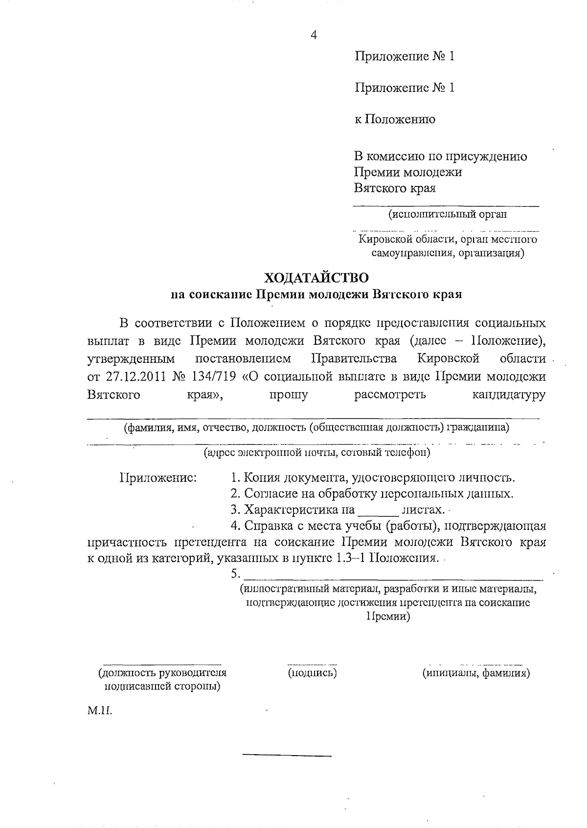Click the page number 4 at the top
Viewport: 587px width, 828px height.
click(314, 35)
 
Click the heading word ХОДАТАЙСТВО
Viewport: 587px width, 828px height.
click(316, 278)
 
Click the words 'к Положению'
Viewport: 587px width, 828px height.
click(394, 119)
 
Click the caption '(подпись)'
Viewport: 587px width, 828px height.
click(313, 672)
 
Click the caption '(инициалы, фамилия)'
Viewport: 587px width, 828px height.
click(476, 672)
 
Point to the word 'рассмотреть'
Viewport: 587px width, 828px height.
click(390, 394)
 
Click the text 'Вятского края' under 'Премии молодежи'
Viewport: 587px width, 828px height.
click(395, 188)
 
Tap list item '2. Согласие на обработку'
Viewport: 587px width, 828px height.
click(372, 493)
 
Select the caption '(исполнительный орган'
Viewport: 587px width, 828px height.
click(447, 214)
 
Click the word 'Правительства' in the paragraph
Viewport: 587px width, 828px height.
click(354, 359)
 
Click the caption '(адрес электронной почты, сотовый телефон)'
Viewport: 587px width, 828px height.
click(317, 452)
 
